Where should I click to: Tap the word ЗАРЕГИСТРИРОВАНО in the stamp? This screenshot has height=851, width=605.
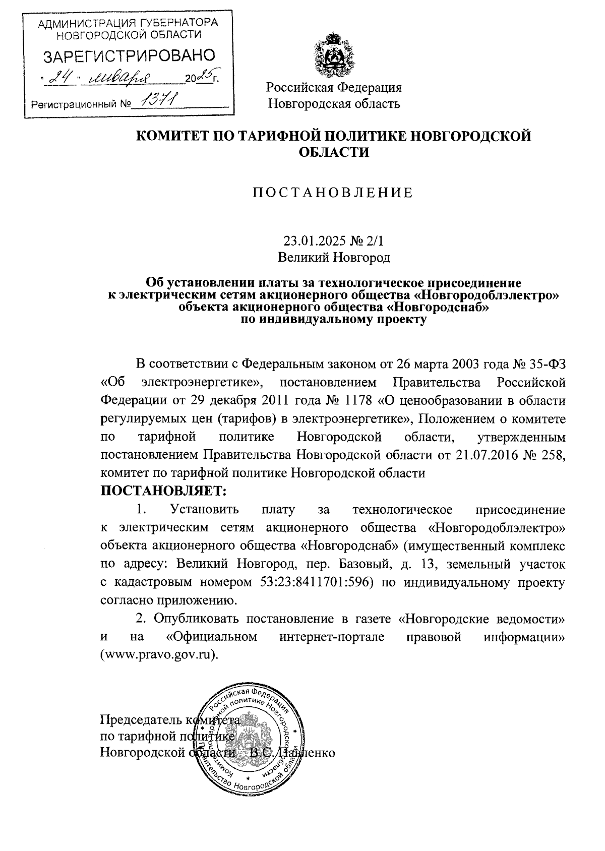click(129, 55)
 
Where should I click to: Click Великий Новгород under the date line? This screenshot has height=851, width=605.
click(334, 258)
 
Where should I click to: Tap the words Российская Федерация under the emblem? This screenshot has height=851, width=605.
click(334, 88)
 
